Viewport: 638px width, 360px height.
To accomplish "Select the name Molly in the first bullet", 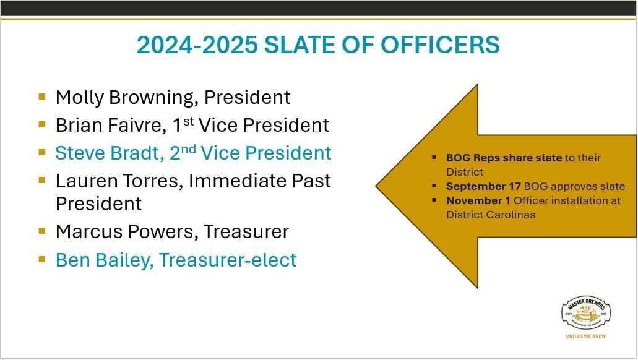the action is [x=80, y=98].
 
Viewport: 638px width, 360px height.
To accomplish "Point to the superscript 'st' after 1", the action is [x=188, y=121].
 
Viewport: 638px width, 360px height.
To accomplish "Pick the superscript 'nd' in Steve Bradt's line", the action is [x=188, y=149].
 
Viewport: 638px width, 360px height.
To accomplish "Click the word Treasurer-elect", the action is [x=228, y=260].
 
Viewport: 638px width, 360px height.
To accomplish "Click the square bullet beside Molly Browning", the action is [x=42, y=96].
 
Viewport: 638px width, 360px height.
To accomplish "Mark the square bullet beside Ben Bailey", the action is [x=42, y=259].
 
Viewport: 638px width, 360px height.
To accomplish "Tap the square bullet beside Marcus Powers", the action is [x=42, y=231].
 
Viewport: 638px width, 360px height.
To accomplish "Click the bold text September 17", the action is [x=483, y=186].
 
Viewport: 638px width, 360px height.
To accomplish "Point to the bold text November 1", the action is [x=478, y=200].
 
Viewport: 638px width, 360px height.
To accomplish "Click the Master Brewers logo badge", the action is [x=586, y=312].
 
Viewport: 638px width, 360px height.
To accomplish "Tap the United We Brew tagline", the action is [x=586, y=336].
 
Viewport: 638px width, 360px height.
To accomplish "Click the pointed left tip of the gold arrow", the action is [x=376, y=186].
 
